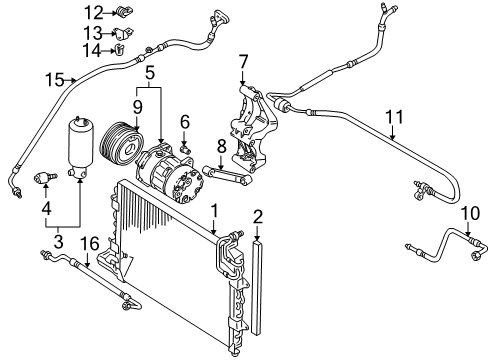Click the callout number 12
(x=94, y=13)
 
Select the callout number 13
(x=93, y=33)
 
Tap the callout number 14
(x=91, y=51)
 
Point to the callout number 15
(x=55, y=80)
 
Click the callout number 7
(x=243, y=62)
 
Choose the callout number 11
(x=394, y=117)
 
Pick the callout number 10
(x=470, y=213)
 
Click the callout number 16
(x=89, y=244)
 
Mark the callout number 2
(x=258, y=217)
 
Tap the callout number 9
(x=137, y=107)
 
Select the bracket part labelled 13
(x=122, y=33)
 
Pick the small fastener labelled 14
(x=119, y=50)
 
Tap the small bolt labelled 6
(x=185, y=147)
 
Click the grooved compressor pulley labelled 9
(x=122, y=144)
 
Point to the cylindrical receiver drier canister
(x=80, y=147)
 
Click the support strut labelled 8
(x=229, y=175)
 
